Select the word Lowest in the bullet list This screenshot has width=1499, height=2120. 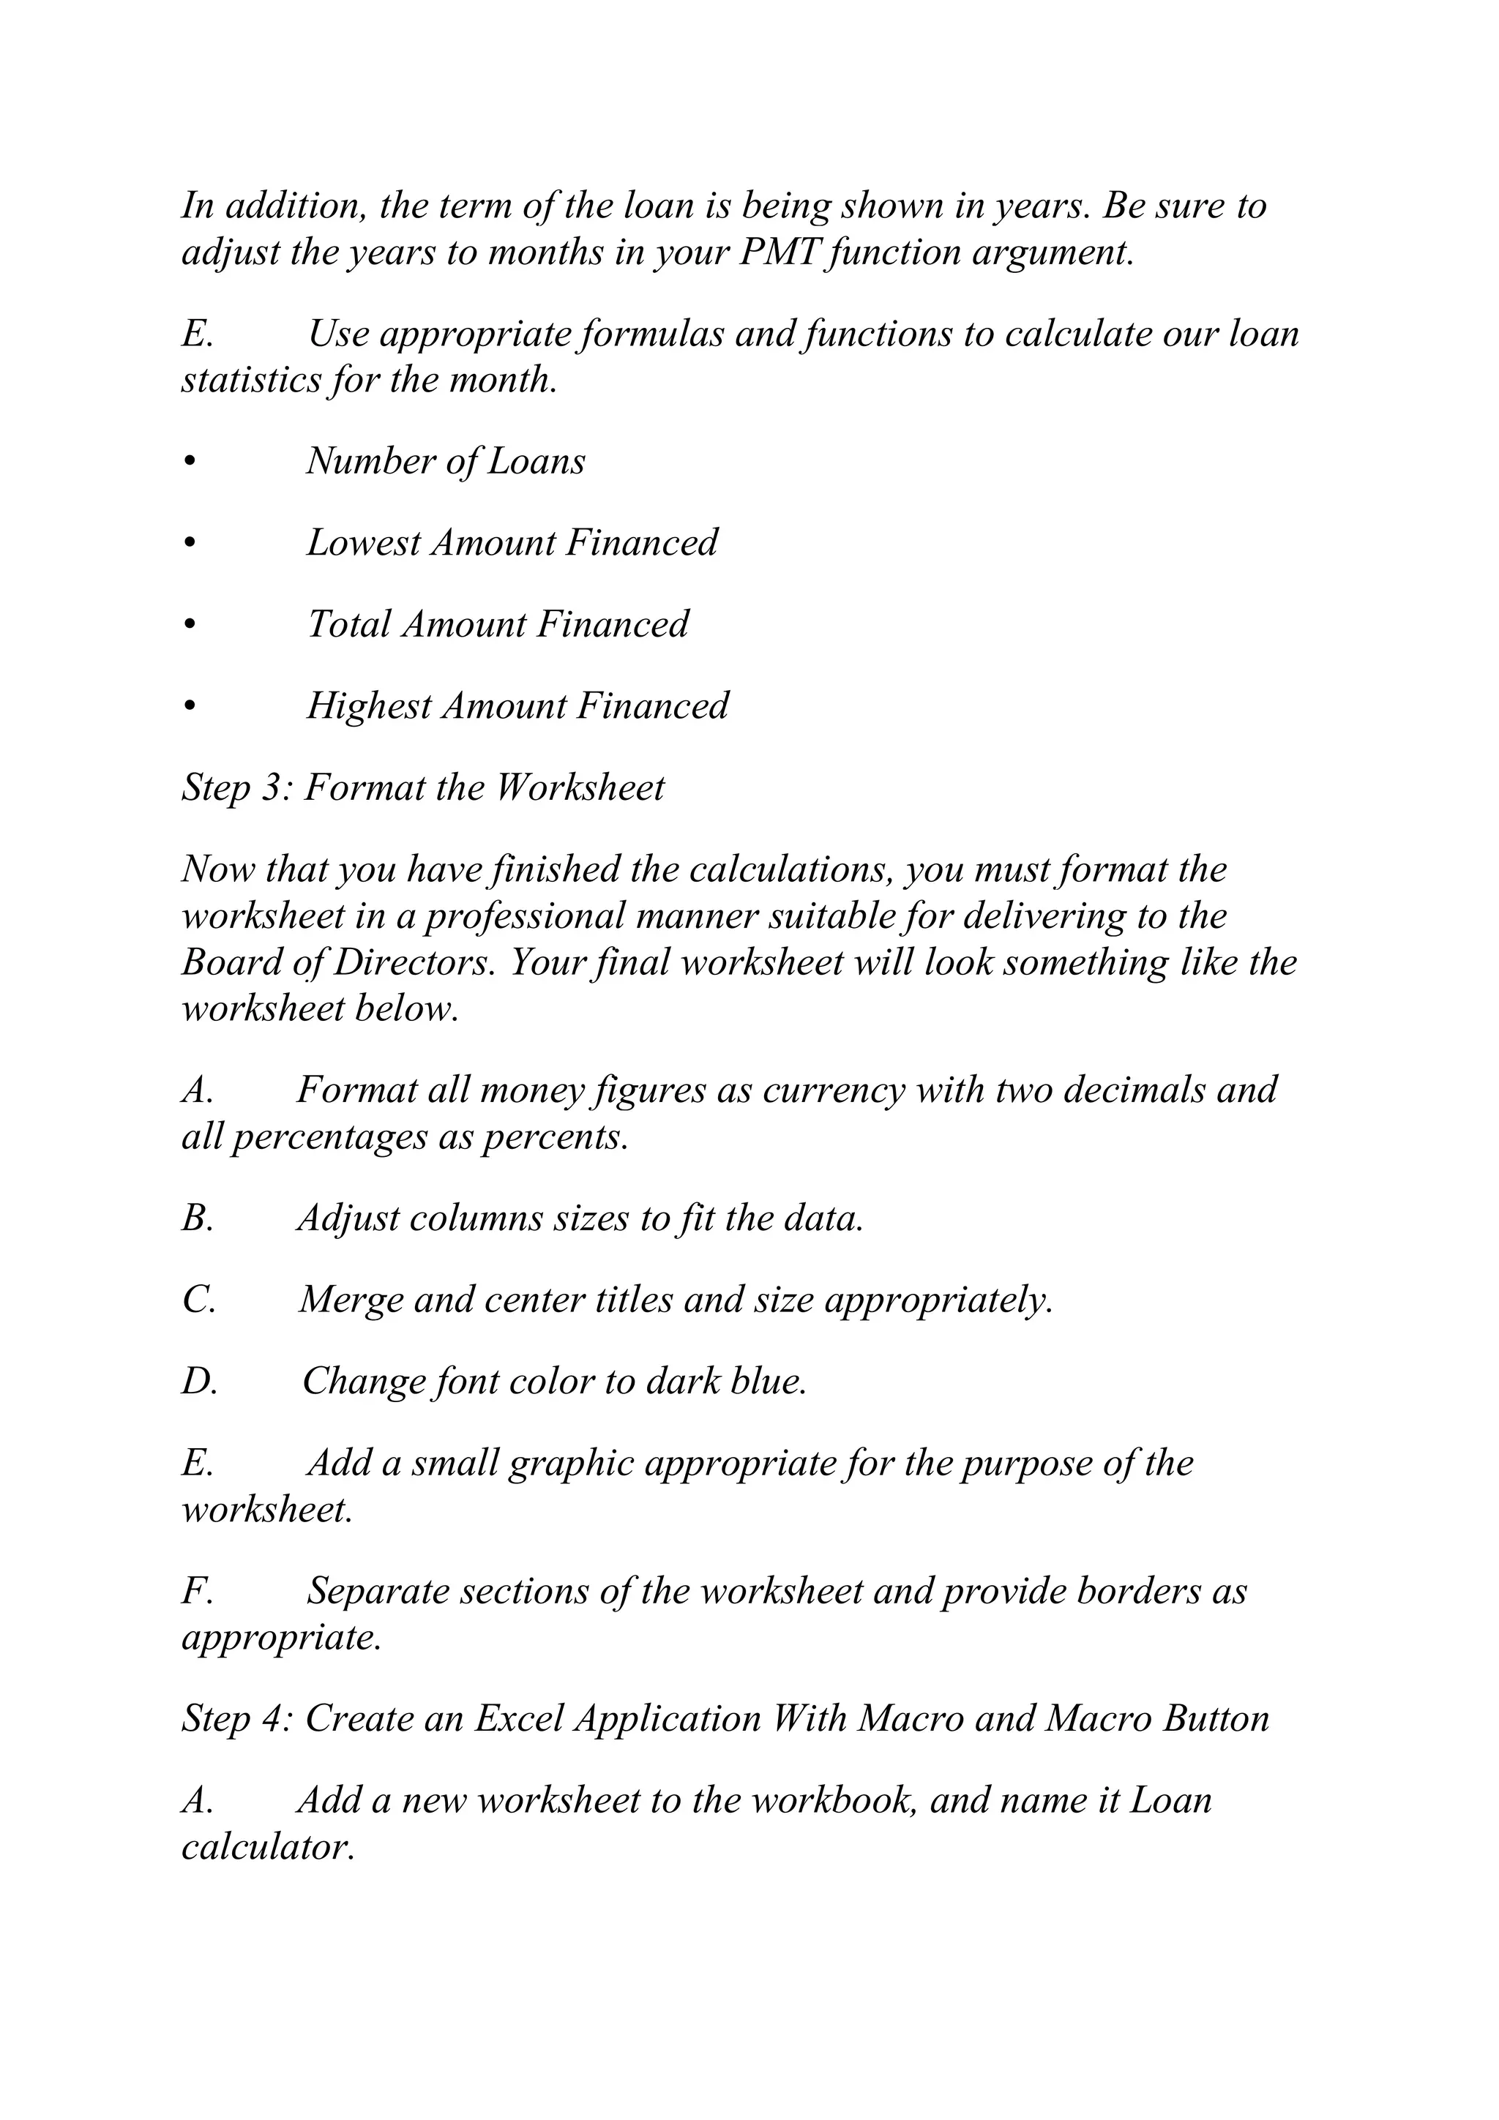[363, 543]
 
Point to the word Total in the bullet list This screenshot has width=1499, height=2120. [348, 625]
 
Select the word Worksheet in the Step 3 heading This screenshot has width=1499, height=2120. [580, 787]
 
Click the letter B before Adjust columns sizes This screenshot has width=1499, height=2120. [196, 1219]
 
